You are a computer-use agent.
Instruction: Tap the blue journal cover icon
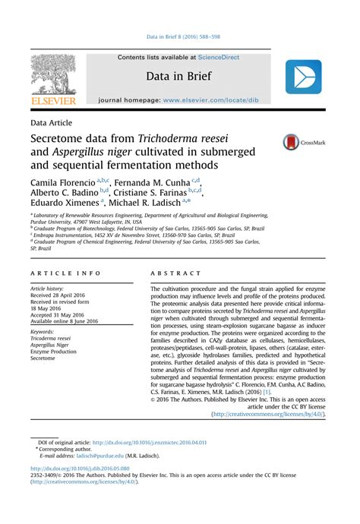[x=304, y=77]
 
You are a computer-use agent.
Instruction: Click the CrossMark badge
[x=302, y=142]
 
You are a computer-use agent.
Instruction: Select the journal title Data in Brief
[x=178, y=75]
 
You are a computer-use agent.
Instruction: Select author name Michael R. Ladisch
[x=144, y=203]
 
